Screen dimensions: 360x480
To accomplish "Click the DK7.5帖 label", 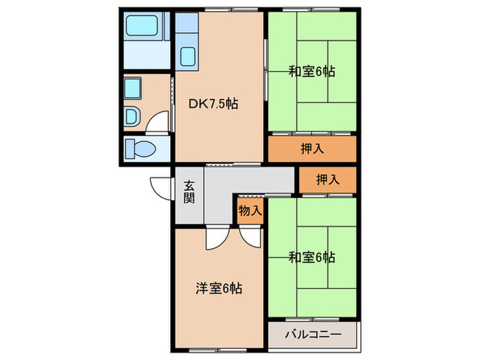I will click(x=213, y=104).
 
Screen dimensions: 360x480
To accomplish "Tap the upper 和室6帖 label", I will click(x=311, y=70).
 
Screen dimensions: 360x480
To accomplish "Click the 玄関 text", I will click(x=189, y=192).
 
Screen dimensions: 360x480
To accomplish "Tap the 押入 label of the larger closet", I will click(x=312, y=148).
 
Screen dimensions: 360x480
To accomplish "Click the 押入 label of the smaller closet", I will click(x=328, y=180).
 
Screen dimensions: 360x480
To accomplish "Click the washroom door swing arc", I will click(x=159, y=123).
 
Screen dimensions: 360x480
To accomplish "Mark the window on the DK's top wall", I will click(x=219, y=10).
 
